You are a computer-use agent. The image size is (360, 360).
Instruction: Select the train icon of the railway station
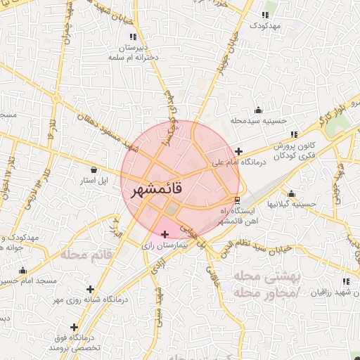coord(236,199)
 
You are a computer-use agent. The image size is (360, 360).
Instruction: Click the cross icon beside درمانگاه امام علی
coord(239,151)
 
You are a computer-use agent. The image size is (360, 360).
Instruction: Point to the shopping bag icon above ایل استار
coord(95,169)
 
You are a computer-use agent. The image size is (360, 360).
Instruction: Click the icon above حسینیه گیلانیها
coord(292,193)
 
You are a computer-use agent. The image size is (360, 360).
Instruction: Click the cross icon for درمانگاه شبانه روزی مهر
coord(90,288)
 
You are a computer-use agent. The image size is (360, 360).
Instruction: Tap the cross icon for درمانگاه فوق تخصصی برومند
coord(75,328)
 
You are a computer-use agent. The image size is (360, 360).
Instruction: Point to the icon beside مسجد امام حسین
coord(22,271)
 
